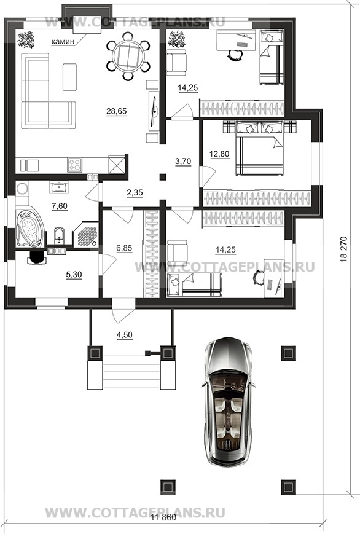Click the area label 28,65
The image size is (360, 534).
[117, 111]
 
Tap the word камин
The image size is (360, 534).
[63, 42]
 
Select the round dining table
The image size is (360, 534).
[128, 56]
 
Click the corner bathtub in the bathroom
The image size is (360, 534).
[29, 229]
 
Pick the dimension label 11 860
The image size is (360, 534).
[163, 517]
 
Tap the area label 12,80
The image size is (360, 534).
[219, 154]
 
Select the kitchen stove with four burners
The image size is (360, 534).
[74, 165]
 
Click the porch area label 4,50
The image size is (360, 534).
[125, 335]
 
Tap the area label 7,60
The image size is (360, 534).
[60, 206]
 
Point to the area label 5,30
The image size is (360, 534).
[74, 275]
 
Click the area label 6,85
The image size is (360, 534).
[124, 248]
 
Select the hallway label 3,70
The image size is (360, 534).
[183, 161]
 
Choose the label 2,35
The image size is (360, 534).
[135, 193]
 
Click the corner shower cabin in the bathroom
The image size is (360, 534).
[86, 235]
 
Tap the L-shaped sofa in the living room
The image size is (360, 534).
[48, 91]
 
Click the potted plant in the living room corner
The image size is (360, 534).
[26, 39]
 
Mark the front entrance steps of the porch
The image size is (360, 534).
[131, 372]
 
